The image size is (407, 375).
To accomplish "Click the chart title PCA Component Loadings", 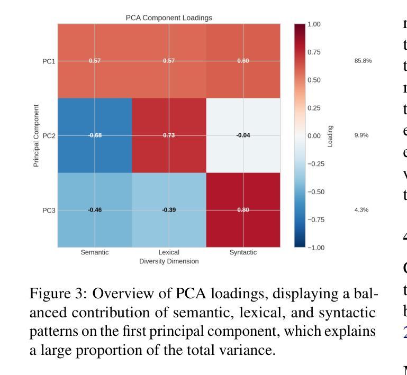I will (169, 18).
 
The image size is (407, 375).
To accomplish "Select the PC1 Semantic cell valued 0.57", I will (95, 61).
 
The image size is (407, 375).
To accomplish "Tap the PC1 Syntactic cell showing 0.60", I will (243, 61).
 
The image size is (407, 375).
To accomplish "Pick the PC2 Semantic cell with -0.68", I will (95, 135).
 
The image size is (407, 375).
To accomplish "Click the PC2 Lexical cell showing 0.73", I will (169, 135).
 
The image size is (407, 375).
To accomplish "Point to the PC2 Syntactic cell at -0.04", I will (243, 135).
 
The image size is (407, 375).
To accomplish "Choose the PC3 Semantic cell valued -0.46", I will (95, 210).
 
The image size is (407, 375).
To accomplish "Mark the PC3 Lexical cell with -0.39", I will (169, 210).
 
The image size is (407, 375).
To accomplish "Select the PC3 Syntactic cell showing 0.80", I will (243, 210).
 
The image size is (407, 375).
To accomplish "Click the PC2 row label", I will (49, 135).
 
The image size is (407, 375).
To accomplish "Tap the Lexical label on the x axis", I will (169, 252).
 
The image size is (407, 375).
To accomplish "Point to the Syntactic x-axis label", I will (243, 252).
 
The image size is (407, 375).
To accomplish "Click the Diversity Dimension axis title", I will (169, 261).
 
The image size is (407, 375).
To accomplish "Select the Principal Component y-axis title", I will (36, 135).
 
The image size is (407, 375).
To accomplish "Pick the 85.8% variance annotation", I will (363, 61).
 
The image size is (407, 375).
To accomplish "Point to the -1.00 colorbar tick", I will (316, 248).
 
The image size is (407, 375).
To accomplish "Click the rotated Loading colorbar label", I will (331, 136).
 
